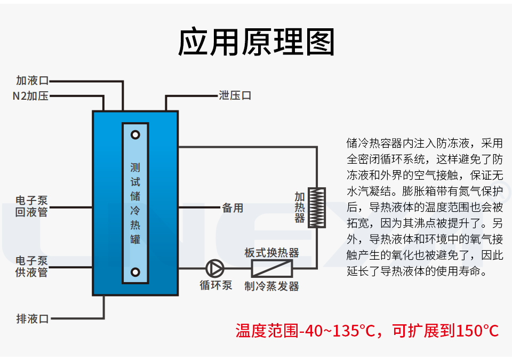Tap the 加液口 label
pos(32,81)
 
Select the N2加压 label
pos(30,97)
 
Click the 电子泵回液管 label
pos(32,206)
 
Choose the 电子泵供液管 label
pos(32,267)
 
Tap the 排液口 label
pos(32,319)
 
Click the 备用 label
pos(233,208)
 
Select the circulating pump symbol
pos(215,267)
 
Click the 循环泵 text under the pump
pos(216,285)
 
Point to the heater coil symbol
pos(318,207)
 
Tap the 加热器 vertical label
pos(300,207)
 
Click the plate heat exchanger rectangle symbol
pos(272,267)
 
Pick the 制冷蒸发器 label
pos(272,286)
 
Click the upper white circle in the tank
pos(135,134)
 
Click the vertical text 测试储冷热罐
pos(135,203)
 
